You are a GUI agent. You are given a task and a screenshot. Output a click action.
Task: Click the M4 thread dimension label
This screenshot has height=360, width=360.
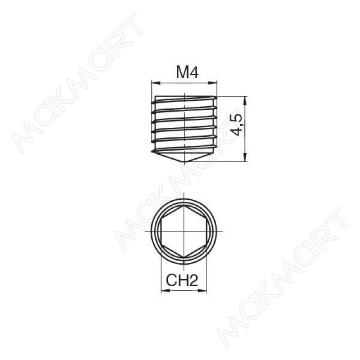(x=187, y=72)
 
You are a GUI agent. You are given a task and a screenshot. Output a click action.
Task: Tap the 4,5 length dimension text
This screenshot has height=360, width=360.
(x=237, y=125)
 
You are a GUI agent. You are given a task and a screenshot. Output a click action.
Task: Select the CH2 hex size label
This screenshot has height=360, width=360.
(x=182, y=280)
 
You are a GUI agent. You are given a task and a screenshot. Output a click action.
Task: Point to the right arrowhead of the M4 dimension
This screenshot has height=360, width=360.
(x=212, y=83)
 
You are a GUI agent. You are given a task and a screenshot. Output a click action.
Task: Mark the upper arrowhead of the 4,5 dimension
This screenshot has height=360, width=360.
(x=245, y=101)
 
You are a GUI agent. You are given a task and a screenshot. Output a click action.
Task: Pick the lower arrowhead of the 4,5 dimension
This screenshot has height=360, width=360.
(x=245, y=157)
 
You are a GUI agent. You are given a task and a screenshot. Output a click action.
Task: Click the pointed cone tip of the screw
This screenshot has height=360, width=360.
(x=184, y=162)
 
